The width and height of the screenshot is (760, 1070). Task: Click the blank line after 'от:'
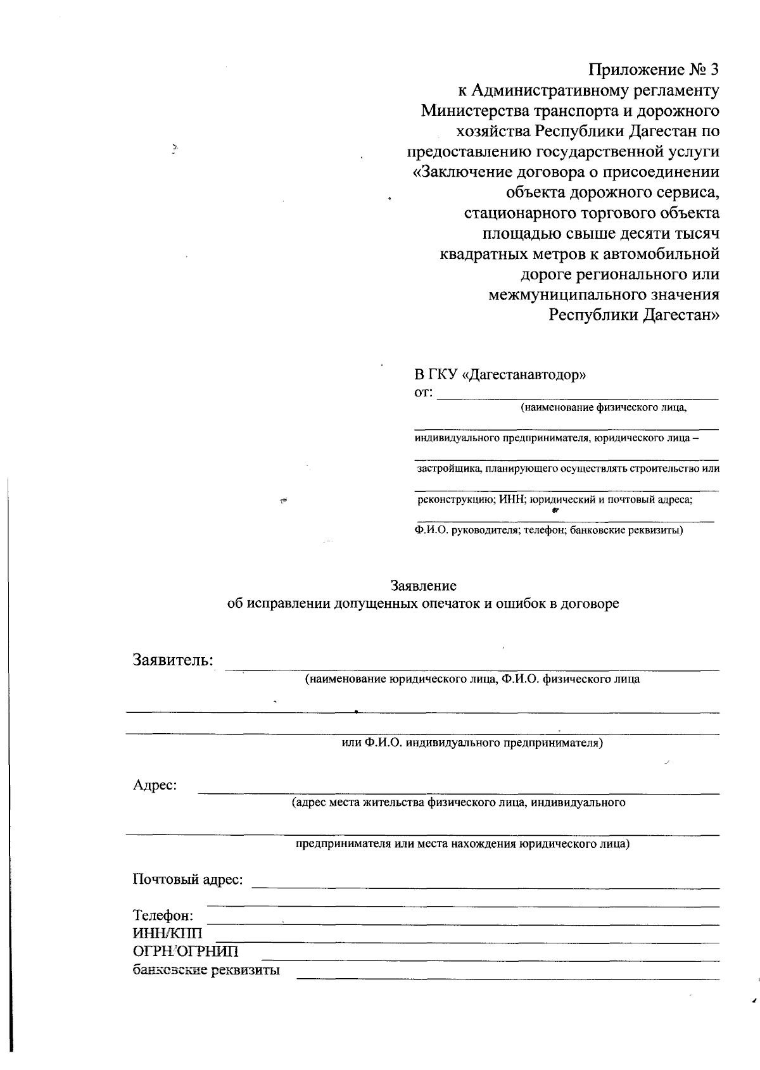(x=578, y=398)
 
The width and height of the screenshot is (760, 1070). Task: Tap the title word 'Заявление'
(x=424, y=586)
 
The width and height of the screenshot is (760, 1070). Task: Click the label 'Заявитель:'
(x=173, y=660)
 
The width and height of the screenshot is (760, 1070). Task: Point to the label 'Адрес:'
(x=155, y=785)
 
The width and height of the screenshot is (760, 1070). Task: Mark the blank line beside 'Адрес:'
(x=459, y=792)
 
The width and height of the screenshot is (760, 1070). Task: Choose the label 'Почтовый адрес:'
(x=187, y=879)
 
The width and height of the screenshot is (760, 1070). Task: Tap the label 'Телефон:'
(x=163, y=916)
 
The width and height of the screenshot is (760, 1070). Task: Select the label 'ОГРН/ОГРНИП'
(x=186, y=952)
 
